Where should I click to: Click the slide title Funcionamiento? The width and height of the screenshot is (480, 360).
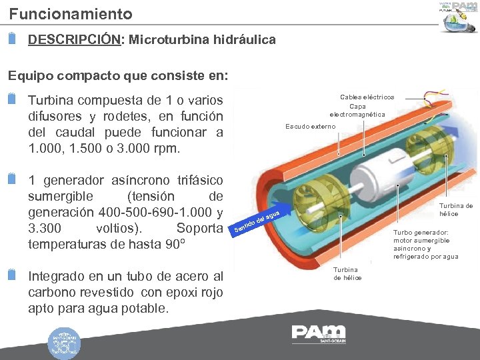tap(71, 13)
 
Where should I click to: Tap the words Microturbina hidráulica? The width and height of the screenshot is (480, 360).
tap(202, 40)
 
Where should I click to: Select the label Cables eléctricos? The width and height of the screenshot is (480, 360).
tap(367, 97)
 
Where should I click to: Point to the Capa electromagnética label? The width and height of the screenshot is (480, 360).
tap(357, 110)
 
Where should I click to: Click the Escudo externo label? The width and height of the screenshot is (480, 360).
tap(311, 127)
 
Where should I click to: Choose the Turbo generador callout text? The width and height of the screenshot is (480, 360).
tap(425, 245)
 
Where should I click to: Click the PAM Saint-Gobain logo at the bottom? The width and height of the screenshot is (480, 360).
tap(319, 333)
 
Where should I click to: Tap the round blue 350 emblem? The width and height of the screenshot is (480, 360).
tap(65, 343)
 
